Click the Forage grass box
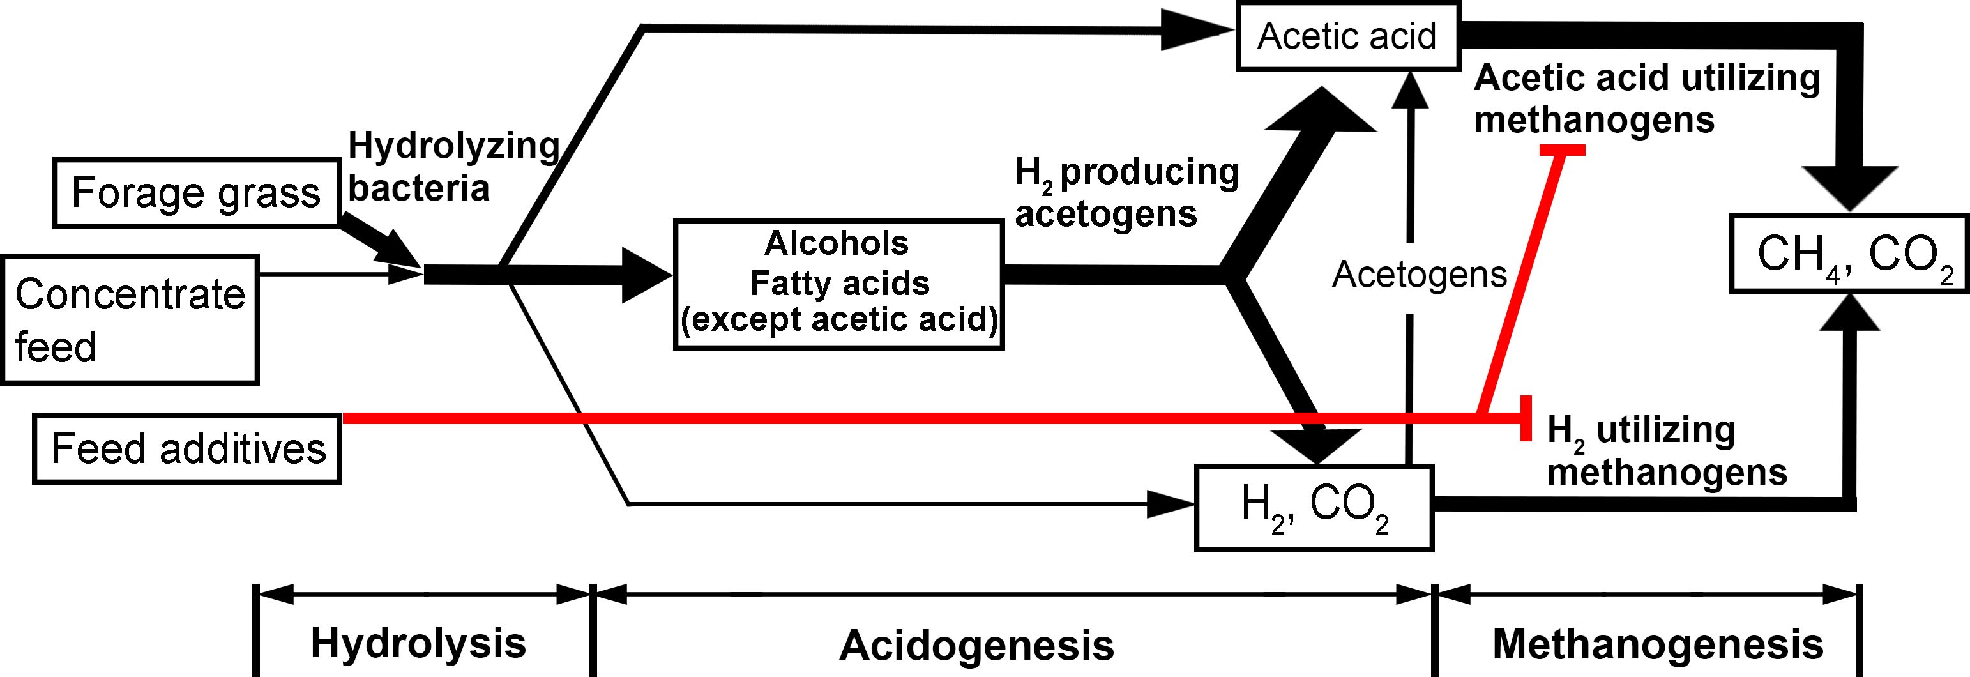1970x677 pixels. pyautogui.click(x=196, y=193)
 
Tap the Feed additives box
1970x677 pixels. pyautogui.click(x=187, y=448)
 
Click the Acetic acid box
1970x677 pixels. pyautogui.click(x=1347, y=36)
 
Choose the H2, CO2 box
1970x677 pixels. pyautogui.click(x=1313, y=508)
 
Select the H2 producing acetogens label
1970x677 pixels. pyautogui.click(x=1126, y=193)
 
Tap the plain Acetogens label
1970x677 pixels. pyautogui.click(x=1419, y=274)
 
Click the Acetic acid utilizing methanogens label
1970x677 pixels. pyautogui.click(x=1646, y=100)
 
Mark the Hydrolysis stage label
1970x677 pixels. pyautogui.click(x=418, y=643)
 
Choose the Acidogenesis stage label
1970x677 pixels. pyautogui.click(x=976, y=645)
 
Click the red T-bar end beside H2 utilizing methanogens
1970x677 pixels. pyautogui.click(x=1526, y=418)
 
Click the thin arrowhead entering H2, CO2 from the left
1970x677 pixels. pyautogui.click(x=1170, y=504)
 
